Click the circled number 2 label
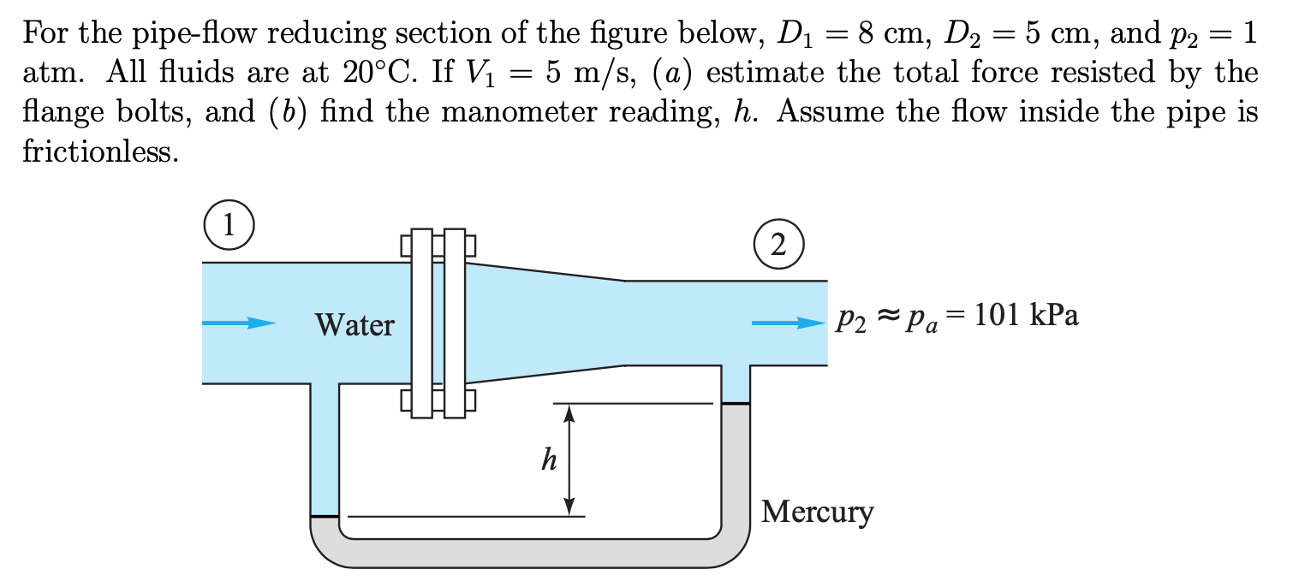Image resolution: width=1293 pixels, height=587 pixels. (778, 245)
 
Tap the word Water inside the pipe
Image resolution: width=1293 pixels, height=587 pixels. (355, 325)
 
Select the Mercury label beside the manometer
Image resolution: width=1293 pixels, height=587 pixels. (818, 512)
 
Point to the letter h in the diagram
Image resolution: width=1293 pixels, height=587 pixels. (549, 461)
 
